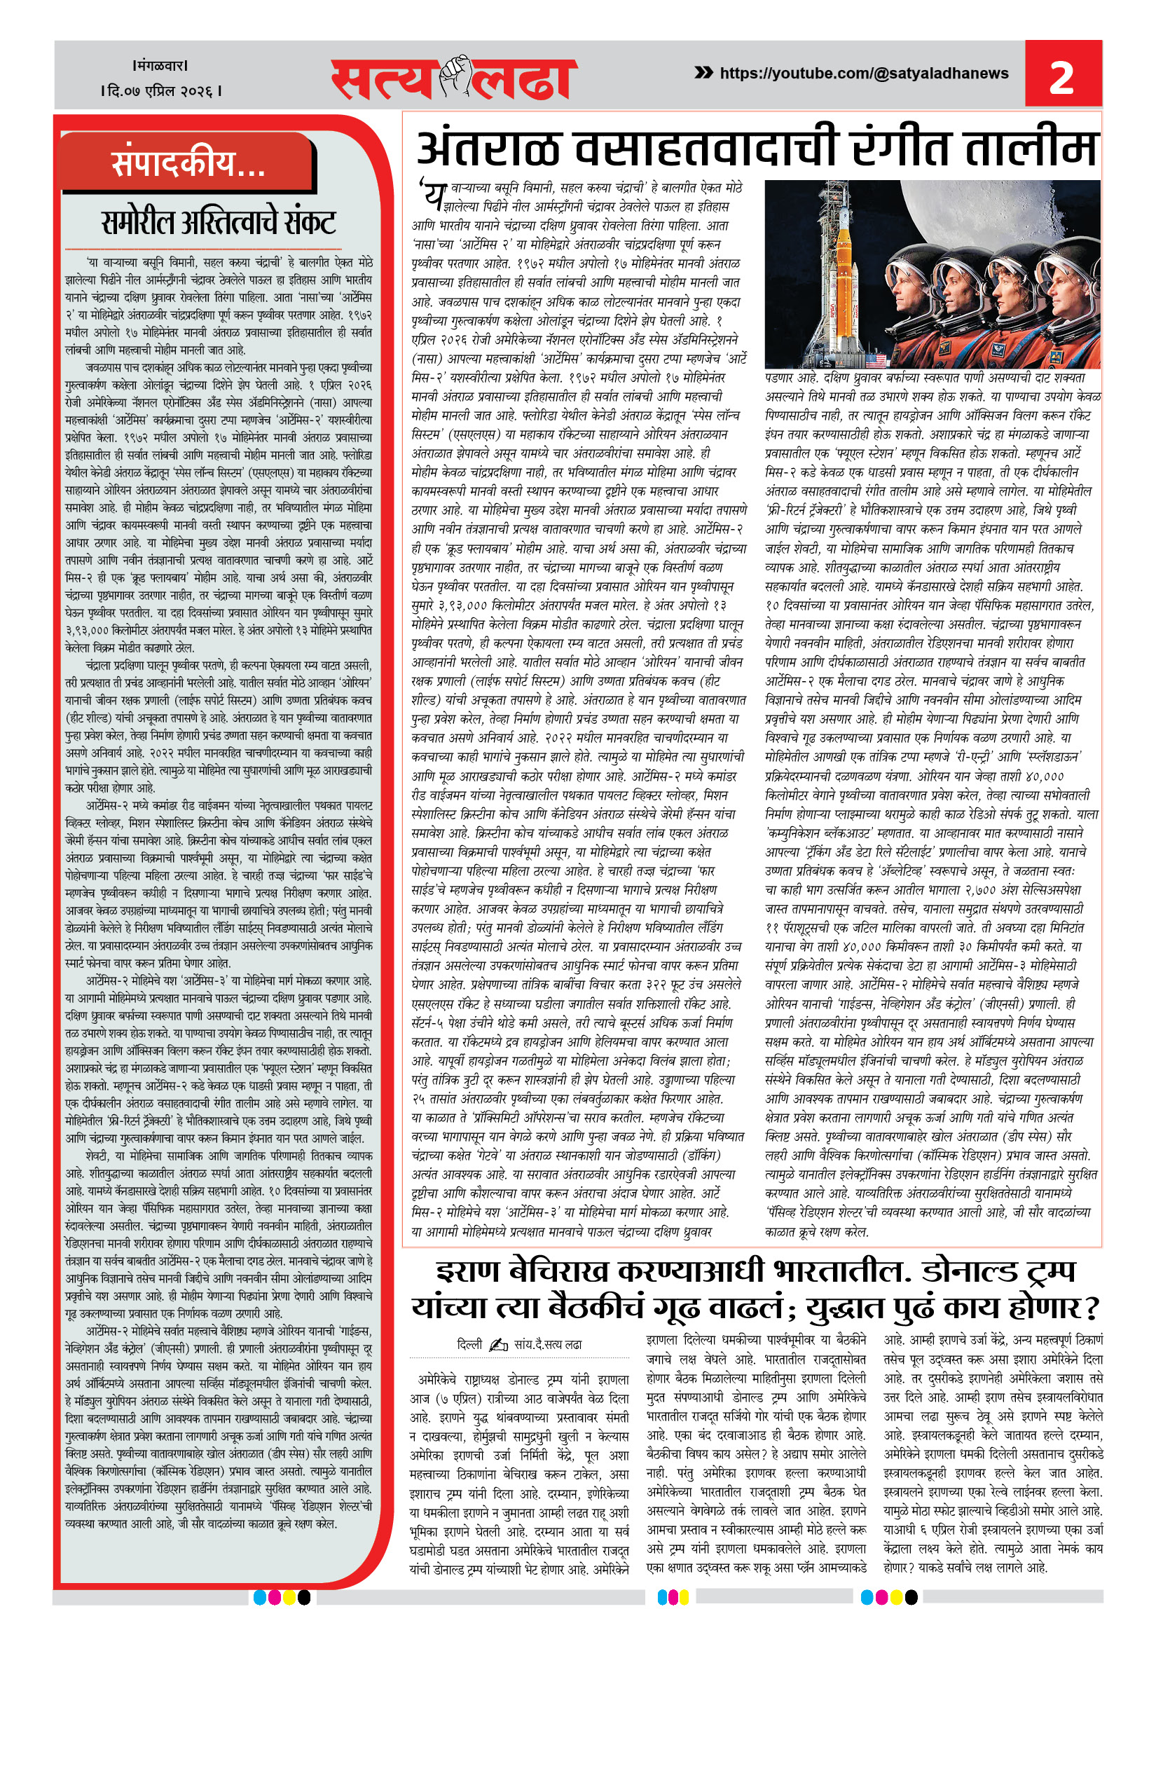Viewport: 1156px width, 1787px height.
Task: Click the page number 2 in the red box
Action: pos(1061,77)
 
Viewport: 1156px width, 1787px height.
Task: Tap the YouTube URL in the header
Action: pos(863,74)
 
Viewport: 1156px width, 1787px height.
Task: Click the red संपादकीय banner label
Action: pos(188,163)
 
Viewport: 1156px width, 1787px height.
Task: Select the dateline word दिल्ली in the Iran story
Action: pos(469,1344)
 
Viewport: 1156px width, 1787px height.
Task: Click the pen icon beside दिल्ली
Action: pos(498,1345)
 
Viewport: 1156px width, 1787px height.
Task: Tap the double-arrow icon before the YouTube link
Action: pos(703,73)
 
